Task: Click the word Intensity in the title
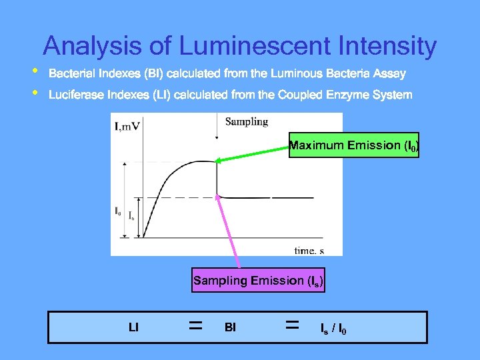click(x=388, y=47)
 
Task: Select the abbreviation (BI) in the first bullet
click(x=143, y=73)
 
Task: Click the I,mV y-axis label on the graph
click(x=127, y=125)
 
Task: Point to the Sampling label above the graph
click(x=246, y=121)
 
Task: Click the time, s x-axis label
click(x=309, y=250)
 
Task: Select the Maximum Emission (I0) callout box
click(x=354, y=145)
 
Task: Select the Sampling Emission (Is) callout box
click(x=258, y=281)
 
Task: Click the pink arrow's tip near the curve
click(x=218, y=196)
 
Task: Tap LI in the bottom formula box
click(x=133, y=327)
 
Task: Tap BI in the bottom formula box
click(x=230, y=327)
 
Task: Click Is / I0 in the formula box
click(x=333, y=328)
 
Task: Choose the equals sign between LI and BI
click(x=195, y=326)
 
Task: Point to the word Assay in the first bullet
click(x=389, y=73)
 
